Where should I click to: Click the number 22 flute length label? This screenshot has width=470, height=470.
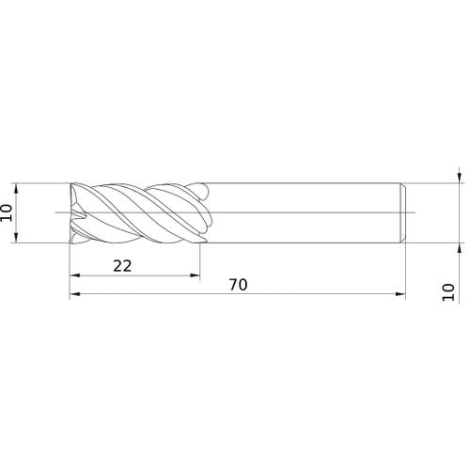122,266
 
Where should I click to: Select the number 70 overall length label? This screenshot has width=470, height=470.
238,285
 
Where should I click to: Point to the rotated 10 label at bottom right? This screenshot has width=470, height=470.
447,292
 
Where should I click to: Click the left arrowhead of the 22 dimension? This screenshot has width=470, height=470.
75,276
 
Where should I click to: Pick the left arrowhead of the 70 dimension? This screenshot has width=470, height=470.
75,295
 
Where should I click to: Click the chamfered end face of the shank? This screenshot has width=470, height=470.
403,212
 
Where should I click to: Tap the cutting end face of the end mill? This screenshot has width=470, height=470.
72,212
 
